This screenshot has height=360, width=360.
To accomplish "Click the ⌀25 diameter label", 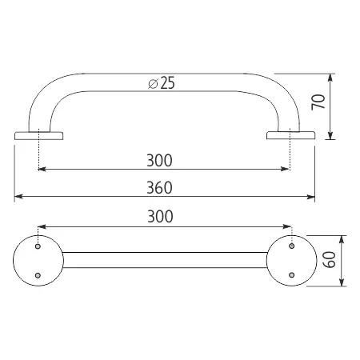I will click(161, 83).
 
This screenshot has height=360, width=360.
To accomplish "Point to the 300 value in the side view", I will click(161, 160).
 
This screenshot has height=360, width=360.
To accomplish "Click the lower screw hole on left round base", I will click(38, 276).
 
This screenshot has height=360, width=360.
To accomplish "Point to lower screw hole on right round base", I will click(291, 276).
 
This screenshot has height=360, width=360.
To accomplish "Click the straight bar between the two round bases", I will click(164, 259).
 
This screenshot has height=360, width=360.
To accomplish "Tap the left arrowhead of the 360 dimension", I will click(18, 196).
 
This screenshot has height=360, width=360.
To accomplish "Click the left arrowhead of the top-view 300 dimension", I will click(42, 226).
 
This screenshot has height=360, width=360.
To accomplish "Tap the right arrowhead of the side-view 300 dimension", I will click(286, 169).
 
